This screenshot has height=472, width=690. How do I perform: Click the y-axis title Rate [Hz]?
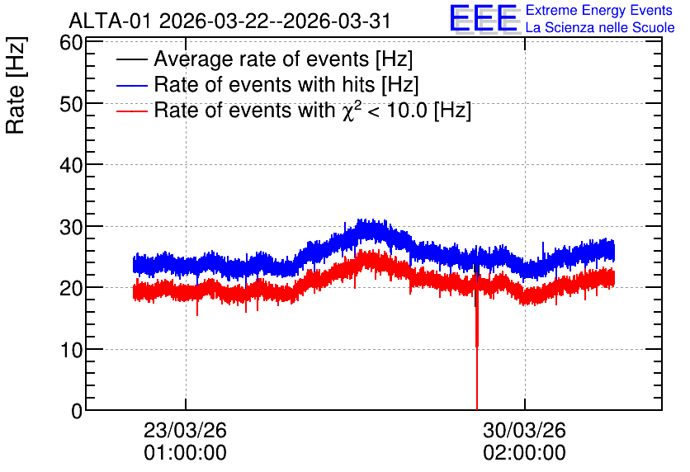pyautogui.click(x=16, y=85)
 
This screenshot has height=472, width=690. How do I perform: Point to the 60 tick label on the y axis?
pyautogui.click(x=71, y=43)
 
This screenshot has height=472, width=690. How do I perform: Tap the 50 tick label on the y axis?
pyautogui.click(x=71, y=104)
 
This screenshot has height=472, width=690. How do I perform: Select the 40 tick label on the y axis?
pyautogui.click(x=71, y=166)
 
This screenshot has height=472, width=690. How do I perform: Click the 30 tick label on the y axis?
pyautogui.click(x=71, y=228)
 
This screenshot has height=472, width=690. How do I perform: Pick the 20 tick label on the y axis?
pyautogui.click(x=71, y=289)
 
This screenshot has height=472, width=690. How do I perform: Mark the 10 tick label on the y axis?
pyautogui.click(x=71, y=350)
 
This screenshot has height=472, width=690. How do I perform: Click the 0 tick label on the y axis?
pyautogui.click(x=77, y=411)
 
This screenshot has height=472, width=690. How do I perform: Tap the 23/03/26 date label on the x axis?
pyautogui.click(x=185, y=430)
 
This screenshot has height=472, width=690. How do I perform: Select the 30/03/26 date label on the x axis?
pyautogui.click(x=524, y=430)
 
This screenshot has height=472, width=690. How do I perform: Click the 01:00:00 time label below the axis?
pyautogui.click(x=185, y=453)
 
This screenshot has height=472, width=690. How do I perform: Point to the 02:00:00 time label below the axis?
pyautogui.click(x=524, y=453)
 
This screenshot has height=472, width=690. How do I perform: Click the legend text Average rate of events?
pyautogui.click(x=261, y=59)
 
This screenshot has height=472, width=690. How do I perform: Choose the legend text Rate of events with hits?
pyautogui.click(x=264, y=84)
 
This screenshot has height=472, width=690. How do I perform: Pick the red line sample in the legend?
pyautogui.click(x=131, y=111)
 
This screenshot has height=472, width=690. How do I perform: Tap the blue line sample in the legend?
pyautogui.click(x=131, y=85)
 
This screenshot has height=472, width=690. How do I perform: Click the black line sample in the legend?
pyautogui.click(x=131, y=59)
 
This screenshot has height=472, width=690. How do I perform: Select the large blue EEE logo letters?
pyautogui.click(x=484, y=18)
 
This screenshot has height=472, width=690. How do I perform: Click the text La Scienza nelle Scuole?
pyautogui.click(x=600, y=28)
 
